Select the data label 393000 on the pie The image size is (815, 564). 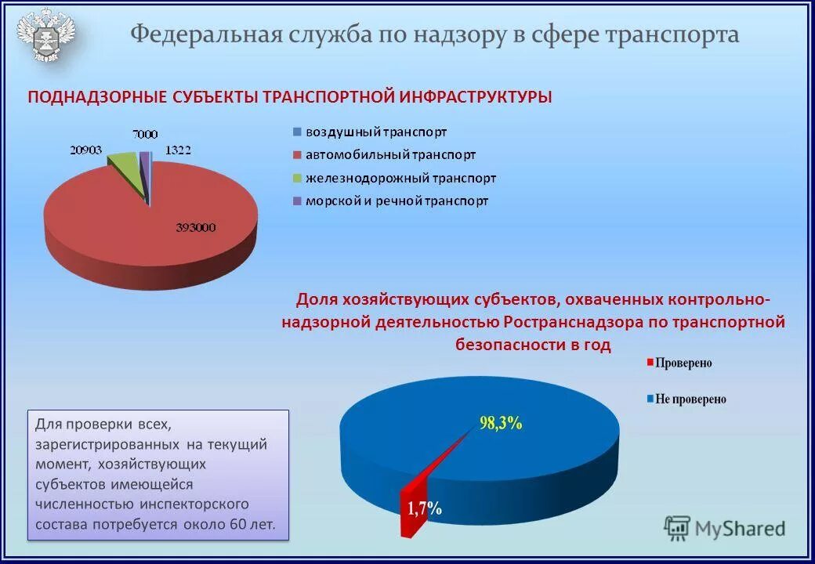point(195,228)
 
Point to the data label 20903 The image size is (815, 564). point(86,150)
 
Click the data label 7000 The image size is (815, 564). point(144,134)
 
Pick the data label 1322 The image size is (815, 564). point(178,150)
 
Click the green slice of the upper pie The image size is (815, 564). point(125,167)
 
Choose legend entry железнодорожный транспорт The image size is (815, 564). point(400,178)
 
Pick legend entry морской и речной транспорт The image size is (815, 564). point(396,201)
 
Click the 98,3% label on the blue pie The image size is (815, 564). point(501,423)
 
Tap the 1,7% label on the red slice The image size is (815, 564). point(424,508)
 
